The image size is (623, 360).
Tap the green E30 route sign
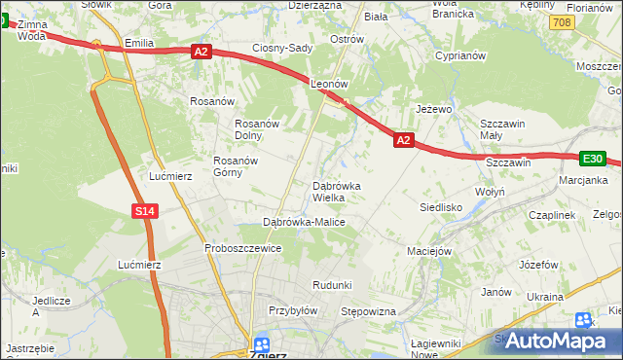click(593, 159)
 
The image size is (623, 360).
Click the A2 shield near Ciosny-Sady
click(201, 52)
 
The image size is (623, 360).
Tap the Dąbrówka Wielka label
click(337, 192)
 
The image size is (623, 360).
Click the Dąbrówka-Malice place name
click(305, 223)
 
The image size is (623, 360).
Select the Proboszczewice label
click(242, 248)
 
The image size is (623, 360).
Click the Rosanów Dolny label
click(258, 129)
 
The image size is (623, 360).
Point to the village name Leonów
click(329, 85)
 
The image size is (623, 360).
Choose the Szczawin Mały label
click(504, 130)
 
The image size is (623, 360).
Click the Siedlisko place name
click(440, 207)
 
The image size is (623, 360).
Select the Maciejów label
click(430, 251)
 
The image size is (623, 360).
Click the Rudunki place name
click(331, 284)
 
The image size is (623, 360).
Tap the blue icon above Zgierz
click(262, 343)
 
